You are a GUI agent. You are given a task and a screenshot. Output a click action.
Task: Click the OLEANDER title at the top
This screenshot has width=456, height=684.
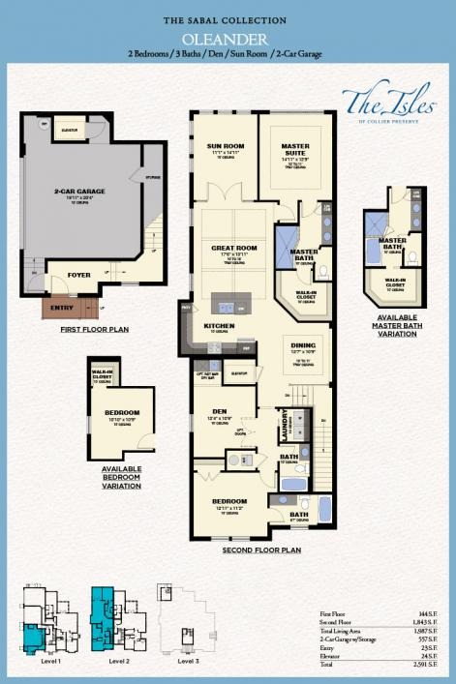pyautogui.click(x=228, y=39)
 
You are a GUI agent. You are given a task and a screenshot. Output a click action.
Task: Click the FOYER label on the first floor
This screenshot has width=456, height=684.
pyautogui.click(x=78, y=275)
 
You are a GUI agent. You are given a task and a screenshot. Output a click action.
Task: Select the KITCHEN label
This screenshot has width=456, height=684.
pyautogui.click(x=219, y=326)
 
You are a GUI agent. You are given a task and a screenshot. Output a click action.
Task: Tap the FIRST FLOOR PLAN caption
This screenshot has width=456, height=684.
pyautogui.click(x=94, y=329)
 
